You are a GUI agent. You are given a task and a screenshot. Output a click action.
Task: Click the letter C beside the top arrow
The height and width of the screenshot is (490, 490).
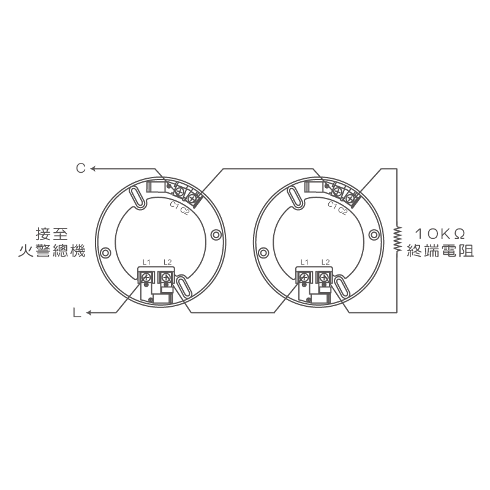[81, 168]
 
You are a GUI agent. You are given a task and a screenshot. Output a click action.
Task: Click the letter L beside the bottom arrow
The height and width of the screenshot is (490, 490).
[77, 312]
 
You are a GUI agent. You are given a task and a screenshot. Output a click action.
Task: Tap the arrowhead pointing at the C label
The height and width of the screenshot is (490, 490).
[93, 169]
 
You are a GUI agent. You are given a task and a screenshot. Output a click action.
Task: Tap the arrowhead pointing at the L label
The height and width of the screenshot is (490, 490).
[89, 312]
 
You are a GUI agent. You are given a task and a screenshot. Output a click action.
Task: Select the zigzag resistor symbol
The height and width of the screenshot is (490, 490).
[397, 238]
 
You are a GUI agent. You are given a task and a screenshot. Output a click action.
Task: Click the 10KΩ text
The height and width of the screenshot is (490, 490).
[440, 234]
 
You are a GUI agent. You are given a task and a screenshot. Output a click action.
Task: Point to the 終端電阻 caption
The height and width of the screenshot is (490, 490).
[440, 251]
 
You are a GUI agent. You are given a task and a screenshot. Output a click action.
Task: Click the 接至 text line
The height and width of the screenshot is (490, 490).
[52, 234]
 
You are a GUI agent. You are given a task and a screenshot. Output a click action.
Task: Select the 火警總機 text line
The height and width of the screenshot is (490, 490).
[52, 251]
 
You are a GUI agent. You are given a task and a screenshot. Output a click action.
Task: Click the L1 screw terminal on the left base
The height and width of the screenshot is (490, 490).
[146, 277]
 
